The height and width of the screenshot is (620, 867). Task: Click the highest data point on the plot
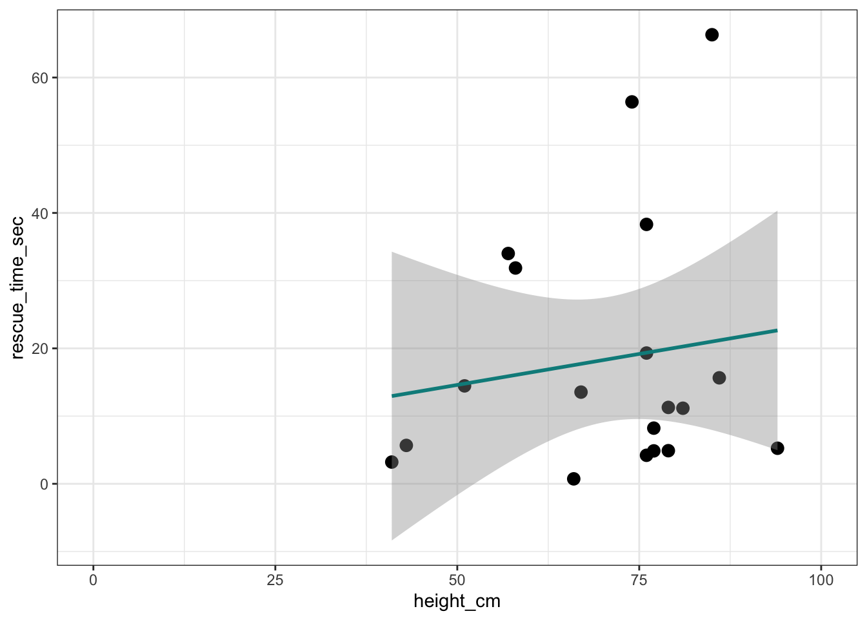[712, 35]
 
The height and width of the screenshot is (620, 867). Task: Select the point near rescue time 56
[632, 102]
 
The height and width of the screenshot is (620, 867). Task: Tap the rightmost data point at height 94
[777, 448]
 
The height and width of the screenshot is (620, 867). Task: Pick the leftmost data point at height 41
[392, 462]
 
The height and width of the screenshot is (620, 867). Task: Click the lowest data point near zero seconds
[573, 479]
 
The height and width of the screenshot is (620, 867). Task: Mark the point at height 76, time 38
[646, 224]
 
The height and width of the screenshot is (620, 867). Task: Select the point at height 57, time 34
[508, 253]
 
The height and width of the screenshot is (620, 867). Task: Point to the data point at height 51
[464, 386]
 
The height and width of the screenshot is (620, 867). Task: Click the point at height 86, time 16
[719, 378]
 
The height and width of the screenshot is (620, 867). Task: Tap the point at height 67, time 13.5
[581, 392]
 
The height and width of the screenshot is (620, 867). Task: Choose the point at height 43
[406, 446]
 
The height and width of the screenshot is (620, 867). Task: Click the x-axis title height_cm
[457, 601]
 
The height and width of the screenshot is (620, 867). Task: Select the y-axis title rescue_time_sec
[18, 287]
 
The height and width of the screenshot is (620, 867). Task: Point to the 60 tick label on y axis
[41, 77]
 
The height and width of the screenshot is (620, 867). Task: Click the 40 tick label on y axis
[41, 213]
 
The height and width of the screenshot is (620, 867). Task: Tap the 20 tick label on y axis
[41, 349]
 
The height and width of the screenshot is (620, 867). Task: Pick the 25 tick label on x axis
[275, 580]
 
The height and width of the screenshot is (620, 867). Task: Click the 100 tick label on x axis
[821, 580]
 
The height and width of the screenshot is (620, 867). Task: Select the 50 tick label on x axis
[457, 580]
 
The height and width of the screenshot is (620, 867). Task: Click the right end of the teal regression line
[776, 331]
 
